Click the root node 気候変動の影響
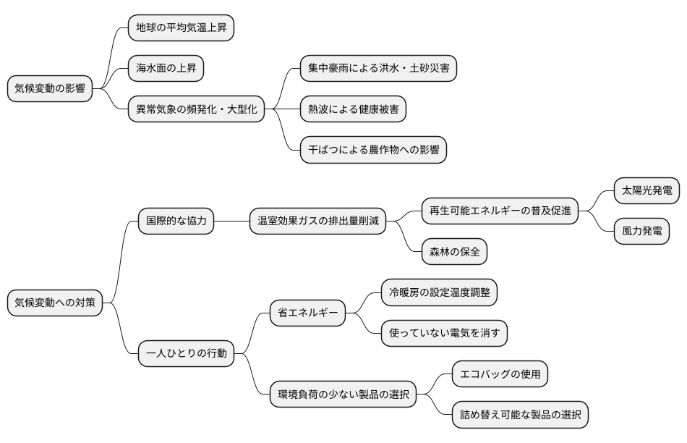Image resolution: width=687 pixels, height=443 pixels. pyautogui.click(x=50, y=89)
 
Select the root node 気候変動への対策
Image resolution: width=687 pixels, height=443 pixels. pyautogui.click(x=55, y=303)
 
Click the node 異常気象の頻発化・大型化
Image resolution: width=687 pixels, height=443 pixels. pyautogui.click(x=196, y=110)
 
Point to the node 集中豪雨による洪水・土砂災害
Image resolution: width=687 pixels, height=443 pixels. pyautogui.click(x=378, y=69)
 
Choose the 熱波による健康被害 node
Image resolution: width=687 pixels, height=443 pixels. pyautogui.click(x=352, y=110)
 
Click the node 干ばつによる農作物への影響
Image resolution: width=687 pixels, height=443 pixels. pyautogui.click(x=373, y=151)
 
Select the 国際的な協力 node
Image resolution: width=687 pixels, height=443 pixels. pyautogui.click(x=176, y=221)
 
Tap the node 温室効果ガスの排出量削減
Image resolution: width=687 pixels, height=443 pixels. pyautogui.click(x=317, y=221)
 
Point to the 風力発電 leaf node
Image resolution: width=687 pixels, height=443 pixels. pyautogui.click(x=641, y=232)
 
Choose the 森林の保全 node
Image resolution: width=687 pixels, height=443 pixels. pyautogui.click(x=455, y=252)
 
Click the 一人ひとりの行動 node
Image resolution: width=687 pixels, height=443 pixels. pyautogui.click(x=187, y=354)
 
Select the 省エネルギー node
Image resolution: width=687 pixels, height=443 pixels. pyautogui.click(x=307, y=313)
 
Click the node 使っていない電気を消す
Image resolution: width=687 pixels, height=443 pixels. pyautogui.click(x=444, y=333)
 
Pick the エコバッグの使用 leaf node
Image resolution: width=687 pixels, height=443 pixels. pyautogui.click(x=500, y=374)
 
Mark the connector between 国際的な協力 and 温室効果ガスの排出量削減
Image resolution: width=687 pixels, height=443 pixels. pyautogui.click(x=232, y=221)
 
